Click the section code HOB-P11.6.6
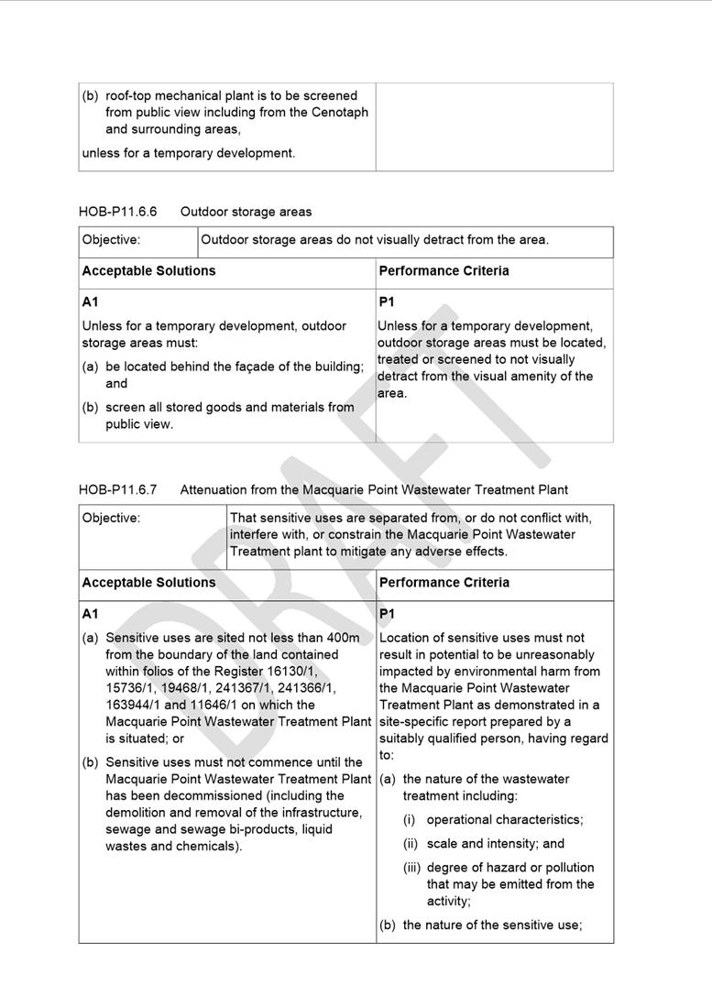click(117, 212)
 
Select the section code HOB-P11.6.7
click(117, 489)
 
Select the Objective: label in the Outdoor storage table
click(111, 240)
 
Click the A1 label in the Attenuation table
click(90, 613)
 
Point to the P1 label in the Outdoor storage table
click(387, 301)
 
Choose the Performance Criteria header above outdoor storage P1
click(444, 271)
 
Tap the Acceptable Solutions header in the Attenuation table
click(148, 583)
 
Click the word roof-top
click(134, 95)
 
